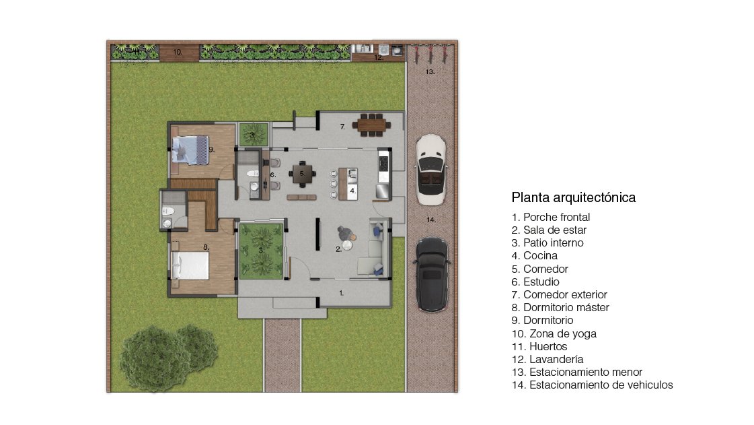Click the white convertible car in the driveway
431,170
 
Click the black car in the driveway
432,274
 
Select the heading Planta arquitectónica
573,197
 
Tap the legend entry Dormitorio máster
560,308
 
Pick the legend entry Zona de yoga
554,333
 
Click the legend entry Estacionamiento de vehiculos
592,385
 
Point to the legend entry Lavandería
548,360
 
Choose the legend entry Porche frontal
551,217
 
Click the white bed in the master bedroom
190,265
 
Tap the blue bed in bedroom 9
190,150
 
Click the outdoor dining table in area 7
371,125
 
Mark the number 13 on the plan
430,71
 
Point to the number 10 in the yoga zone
178,52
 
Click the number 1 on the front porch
342,292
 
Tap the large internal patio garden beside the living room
262,251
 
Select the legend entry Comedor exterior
559,294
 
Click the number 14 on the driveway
431,220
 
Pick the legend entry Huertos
539,347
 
